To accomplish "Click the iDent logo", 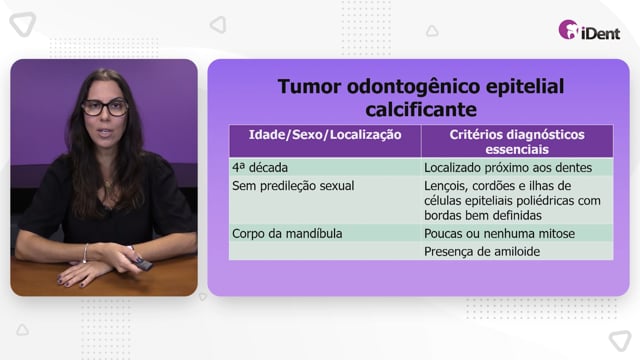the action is click(x=589, y=30).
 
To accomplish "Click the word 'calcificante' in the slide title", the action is click(x=421, y=109).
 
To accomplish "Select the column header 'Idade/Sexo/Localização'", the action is click(x=325, y=135).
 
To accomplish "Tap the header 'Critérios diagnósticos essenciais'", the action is click(x=517, y=142).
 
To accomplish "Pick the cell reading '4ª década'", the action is click(x=260, y=167).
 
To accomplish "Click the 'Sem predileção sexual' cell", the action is click(x=293, y=186).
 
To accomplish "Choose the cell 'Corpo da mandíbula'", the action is click(x=287, y=233).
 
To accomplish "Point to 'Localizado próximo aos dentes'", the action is click(x=508, y=167).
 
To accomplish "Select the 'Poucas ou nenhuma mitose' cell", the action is click(x=499, y=233).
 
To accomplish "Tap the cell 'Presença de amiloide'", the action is click(x=482, y=251).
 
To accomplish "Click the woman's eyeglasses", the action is click(x=105, y=108).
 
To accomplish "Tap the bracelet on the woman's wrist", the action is click(x=85, y=253).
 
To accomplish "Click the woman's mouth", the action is click(x=104, y=133).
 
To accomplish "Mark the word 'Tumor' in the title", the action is click(x=309, y=87).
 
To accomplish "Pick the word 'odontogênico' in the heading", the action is click(x=413, y=87).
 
